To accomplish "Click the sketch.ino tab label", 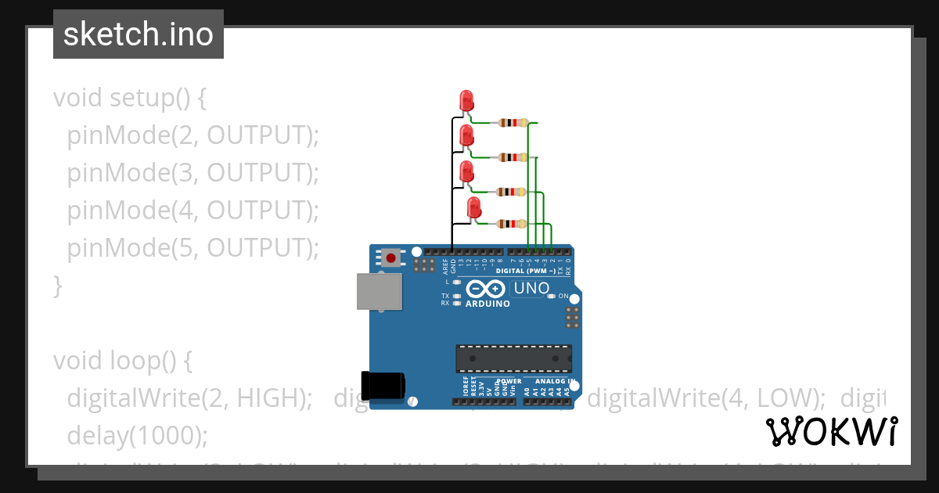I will click(139, 34).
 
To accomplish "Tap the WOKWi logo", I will click(832, 431).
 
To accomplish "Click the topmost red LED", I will click(466, 100).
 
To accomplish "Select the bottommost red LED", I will click(473, 208).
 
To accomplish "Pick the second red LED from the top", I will click(466, 135).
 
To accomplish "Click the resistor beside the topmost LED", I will click(512, 123).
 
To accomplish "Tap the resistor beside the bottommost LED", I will click(512, 224).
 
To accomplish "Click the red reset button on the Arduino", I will click(390, 257).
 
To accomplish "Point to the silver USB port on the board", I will click(380, 292).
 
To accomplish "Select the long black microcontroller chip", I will click(513, 358).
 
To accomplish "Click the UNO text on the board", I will click(532, 289).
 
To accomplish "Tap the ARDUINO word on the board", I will click(486, 303).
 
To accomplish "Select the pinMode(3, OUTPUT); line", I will click(193, 173).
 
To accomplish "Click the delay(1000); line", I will click(138, 435).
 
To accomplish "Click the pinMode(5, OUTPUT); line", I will click(193, 248).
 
